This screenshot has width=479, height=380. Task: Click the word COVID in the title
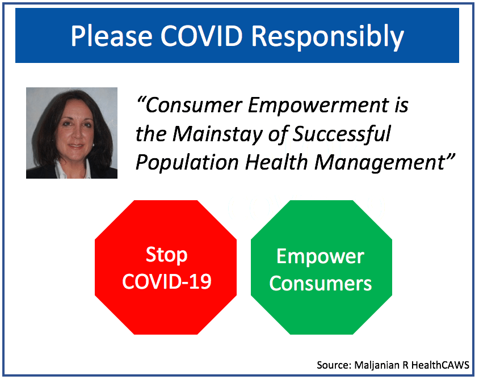(201, 36)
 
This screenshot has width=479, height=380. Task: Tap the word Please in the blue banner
(111, 36)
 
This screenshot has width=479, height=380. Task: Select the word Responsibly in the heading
(327, 37)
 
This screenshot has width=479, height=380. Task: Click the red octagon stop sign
(166, 267)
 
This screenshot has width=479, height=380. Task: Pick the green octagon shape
(321, 267)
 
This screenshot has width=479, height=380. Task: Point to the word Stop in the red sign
(166, 255)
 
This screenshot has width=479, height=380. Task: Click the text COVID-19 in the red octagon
(167, 281)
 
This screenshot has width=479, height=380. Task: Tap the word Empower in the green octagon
(320, 257)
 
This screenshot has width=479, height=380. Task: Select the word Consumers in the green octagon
(321, 283)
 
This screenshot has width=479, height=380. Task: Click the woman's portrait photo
(72, 133)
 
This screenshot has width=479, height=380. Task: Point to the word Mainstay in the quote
(217, 134)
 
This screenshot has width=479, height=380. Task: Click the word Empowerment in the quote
(318, 106)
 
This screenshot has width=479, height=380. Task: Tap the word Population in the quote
(187, 163)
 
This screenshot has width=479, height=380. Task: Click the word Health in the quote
(276, 162)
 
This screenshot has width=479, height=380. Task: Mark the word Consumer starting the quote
(194, 105)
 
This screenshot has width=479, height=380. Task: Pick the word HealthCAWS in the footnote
(440, 365)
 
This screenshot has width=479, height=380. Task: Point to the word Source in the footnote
(334, 365)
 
